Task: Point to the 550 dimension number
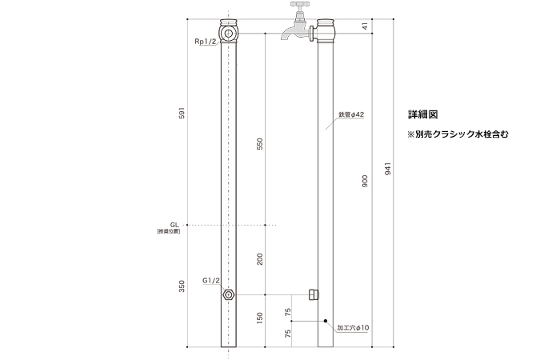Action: pyautogui.click(x=259, y=144)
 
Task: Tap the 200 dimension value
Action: pyautogui.click(x=259, y=259)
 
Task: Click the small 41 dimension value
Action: pyautogui.click(x=365, y=26)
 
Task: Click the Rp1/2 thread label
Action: pyautogui.click(x=205, y=42)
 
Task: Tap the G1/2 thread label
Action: pyautogui.click(x=211, y=281)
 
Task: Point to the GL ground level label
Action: pyautogui.click(x=174, y=226)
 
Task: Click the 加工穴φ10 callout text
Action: pyautogui.click(x=352, y=328)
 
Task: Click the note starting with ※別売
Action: pyautogui.click(x=458, y=134)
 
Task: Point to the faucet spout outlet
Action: pyautogui.click(x=286, y=36)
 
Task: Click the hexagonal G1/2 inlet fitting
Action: pyautogui.click(x=230, y=294)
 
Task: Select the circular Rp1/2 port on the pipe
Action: pyautogui.click(x=230, y=34)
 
